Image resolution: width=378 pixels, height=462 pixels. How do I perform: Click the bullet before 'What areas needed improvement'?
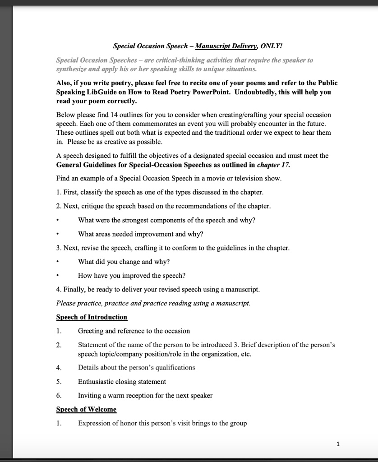(x=58, y=234)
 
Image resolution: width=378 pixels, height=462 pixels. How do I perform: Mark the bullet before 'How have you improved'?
(x=58, y=276)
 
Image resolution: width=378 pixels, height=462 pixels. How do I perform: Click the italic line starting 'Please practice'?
(x=152, y=303)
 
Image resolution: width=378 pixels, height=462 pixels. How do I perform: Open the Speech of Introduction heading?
(x=92, y=317)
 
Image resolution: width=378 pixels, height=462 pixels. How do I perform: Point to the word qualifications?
(x=172, y=367)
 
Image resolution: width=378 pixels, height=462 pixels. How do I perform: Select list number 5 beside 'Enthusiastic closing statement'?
(x=59, y=382)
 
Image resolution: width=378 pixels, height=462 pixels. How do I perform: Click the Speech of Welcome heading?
(x=86, y=409)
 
